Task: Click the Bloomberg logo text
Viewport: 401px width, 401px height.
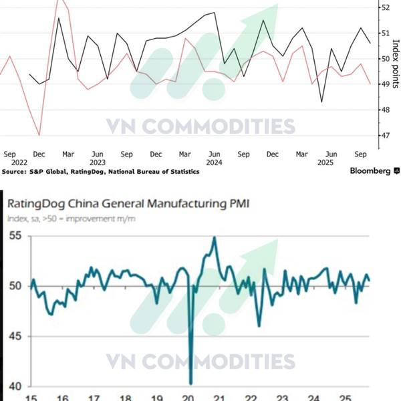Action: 370,171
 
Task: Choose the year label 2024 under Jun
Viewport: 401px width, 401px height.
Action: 214,162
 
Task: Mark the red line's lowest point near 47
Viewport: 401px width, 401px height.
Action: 39,135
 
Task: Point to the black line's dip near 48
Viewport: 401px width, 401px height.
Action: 321,102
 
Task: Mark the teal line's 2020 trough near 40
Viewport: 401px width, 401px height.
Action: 190,383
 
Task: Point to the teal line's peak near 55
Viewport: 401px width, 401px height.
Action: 214,237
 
